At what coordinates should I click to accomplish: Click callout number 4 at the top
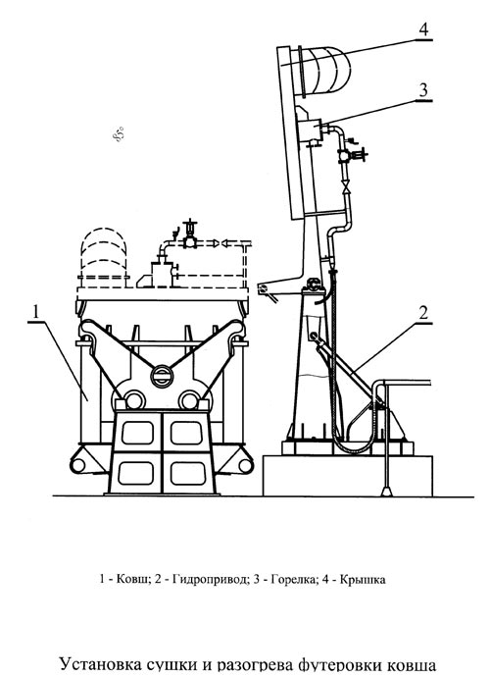coord(424,29)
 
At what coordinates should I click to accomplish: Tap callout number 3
coord(423,90)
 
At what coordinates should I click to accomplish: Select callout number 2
coord(423,312)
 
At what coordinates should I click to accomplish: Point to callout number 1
coord(36,312)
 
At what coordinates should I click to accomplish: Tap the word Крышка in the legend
coord(363,580)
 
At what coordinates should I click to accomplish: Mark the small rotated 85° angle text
coord(119,133)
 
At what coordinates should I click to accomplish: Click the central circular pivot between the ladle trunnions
coord(162,376)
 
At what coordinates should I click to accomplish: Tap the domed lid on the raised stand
coord(323,71)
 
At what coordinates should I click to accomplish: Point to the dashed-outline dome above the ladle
coord(104,256)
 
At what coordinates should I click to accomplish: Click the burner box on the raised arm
coord(310,130)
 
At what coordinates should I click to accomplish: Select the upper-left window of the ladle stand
coord(137,433)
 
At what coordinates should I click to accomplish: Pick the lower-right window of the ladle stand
coord(187,473)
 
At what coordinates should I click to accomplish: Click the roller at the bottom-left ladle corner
coord(78,465)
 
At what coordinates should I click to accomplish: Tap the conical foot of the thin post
coord(386,491)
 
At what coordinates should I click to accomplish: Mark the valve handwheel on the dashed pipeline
coord(190,224)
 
